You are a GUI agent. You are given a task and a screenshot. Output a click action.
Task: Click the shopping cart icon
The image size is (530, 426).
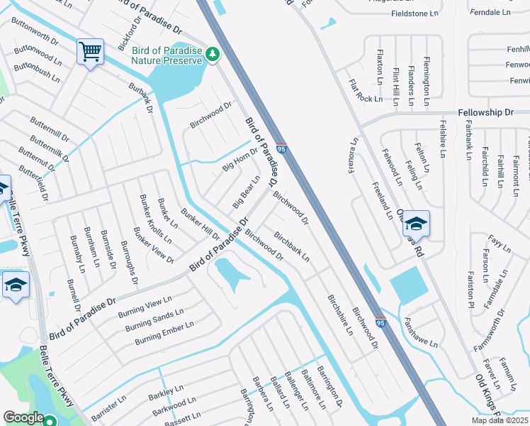90,52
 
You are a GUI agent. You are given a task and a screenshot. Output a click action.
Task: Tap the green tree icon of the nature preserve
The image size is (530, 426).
212,54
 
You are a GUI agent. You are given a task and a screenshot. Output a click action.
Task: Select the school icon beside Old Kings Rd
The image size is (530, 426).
416,224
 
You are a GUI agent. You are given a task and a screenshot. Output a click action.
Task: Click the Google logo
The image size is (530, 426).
23,417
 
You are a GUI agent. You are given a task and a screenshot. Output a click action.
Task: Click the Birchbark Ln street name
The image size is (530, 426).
291,248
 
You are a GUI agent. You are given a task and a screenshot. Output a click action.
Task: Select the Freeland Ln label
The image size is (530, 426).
382,200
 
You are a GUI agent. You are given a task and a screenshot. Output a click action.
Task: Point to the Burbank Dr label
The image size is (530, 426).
141,102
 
